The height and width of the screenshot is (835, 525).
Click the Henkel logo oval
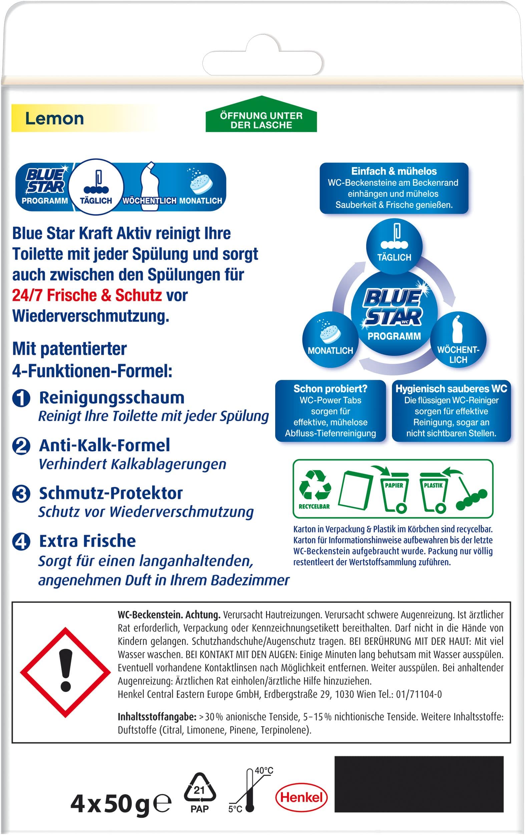pos(301,797)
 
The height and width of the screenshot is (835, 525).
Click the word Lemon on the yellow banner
pos(54,119)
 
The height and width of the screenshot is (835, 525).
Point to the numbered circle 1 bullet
pos(21,398)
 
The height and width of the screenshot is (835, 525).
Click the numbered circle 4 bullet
pos(21,542)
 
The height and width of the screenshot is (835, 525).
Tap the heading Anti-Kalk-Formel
pos(104,445)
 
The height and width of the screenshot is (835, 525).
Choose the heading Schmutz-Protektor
pos(111,493)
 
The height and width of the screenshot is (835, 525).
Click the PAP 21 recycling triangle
pos(199,792)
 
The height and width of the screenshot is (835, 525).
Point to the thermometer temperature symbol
pos(250,791)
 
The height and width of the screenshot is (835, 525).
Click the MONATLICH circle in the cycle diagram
pos(330,339)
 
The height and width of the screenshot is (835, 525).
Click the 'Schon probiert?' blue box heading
pos(330,389)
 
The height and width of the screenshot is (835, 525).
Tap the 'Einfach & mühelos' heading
pos(394,171)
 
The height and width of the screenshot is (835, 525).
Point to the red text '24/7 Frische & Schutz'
pos(87,295)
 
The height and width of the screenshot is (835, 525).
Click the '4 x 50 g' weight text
pos(110,804)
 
